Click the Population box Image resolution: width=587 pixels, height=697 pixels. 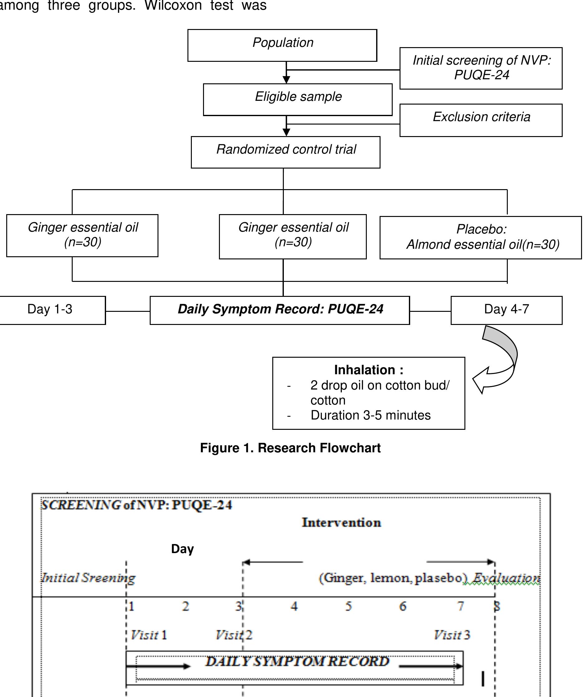coord(282,45)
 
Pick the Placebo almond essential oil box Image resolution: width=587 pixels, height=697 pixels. coord(481,237)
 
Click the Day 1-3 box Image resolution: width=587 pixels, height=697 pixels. coord(50,310)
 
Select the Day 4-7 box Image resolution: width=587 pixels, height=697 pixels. coord(507,310)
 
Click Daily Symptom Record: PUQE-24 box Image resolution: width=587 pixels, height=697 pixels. coord(280,310)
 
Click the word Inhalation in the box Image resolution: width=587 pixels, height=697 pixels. coord(364,370)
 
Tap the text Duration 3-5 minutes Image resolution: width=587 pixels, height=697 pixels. coord(370,415)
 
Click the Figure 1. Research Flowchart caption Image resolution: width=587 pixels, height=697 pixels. coord(290,448)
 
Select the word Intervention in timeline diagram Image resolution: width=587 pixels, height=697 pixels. coord(342,523)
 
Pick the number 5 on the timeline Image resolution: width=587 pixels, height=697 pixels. coord(348,606)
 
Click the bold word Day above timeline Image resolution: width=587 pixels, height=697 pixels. coord(182,549)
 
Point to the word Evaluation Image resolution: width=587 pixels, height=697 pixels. coord(506,578)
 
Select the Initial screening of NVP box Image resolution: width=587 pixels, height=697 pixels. coord(481,68)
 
